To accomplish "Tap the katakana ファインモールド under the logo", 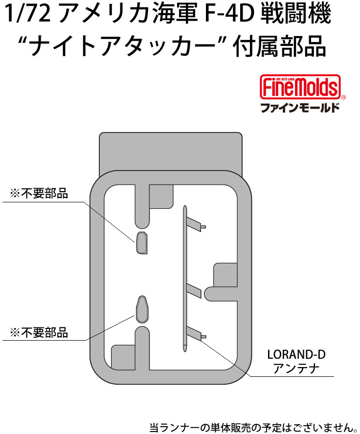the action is (x=300, y=108).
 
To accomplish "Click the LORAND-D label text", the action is (x=296, y=354).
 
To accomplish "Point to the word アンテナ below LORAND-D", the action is (x=296, y=369).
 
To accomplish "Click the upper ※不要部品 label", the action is (x=39, y=194).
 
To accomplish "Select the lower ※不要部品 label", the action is (x=39, y=332).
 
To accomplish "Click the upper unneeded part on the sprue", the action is (x=141, y=243).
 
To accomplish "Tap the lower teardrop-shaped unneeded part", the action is (x=142, y=309).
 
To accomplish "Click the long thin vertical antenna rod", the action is (x=185, y=279).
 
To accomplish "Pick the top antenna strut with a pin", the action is (x=196, y=224).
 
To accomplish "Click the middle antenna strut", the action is (x=194, y=291).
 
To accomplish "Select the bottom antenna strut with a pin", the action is (x=196, y=333).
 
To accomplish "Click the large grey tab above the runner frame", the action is (x=171, y=152).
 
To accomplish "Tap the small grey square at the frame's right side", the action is (x=225, y=275).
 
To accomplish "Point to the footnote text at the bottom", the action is (x=253, y=427).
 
